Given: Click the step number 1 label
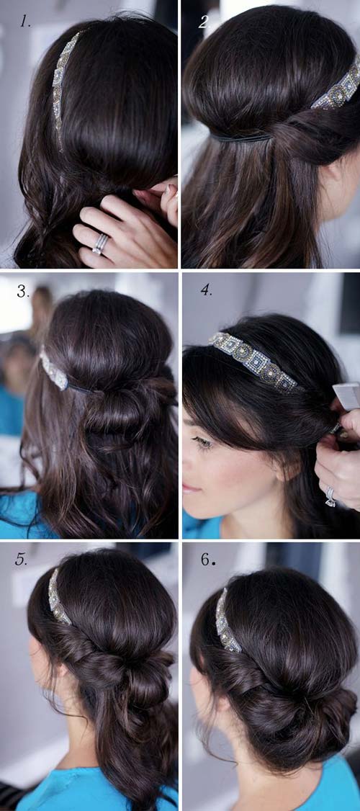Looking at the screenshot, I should click(25, 21).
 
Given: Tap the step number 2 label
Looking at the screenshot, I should click(204, 22).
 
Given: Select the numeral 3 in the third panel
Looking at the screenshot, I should click(23, 292).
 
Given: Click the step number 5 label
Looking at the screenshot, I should click(22, 560).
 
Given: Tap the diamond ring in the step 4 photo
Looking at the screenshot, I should click(330, 496).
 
